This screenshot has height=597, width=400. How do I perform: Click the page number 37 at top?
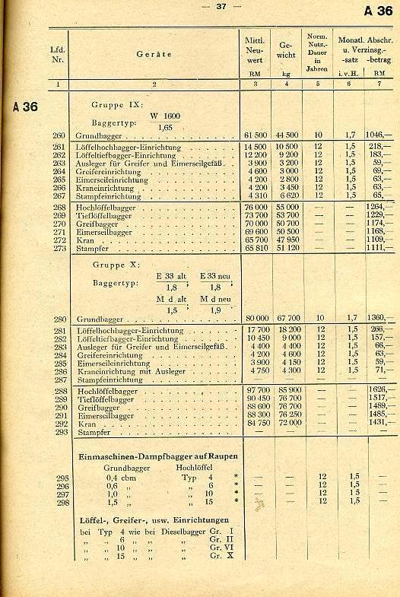pyautogui.click(x=221, y=6)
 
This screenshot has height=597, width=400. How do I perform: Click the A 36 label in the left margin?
pyautogui.click(x=25, y=106)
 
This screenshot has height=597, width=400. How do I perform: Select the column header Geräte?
pyautogui.click(x=154, y=54)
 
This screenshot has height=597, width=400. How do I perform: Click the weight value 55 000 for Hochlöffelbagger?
pyautogui.click(x=287, y=207)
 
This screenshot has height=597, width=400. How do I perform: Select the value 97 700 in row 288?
pyautogui.click(x=257, y=391)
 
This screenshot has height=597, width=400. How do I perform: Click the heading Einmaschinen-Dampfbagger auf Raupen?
pyautogui.click(x=159, y=456)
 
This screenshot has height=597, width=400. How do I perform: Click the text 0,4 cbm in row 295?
pyautogui.click(x=117, y=477)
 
